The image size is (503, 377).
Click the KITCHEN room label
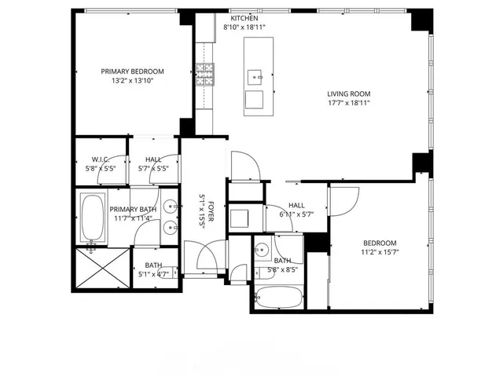(244, 17)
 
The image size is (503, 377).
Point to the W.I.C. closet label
(100, 159)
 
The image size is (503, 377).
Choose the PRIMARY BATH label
(132, 209)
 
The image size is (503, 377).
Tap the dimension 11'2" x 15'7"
(380, 253)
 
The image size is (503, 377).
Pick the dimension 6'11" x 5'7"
(296, 214)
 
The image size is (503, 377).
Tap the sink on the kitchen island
(255, 76)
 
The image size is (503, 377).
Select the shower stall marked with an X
(102, 269)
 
